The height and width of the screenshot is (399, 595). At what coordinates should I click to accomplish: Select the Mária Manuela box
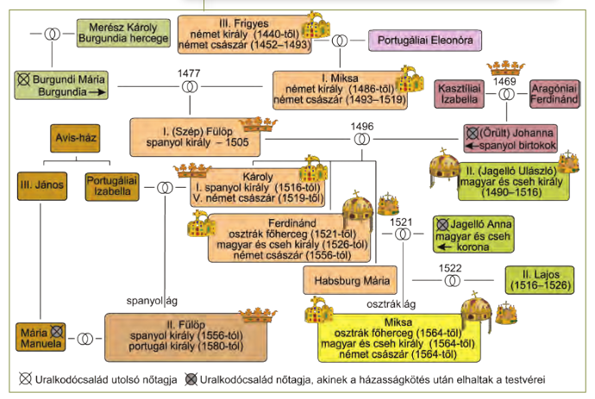click(41, 337)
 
